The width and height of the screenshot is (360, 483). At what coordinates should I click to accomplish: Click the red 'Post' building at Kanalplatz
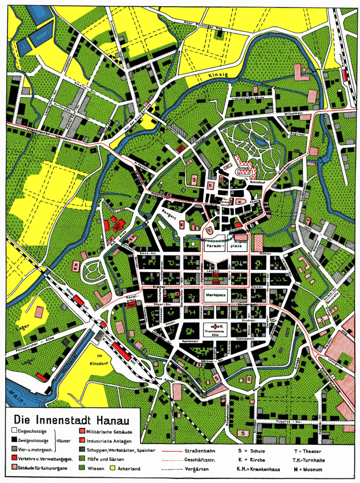point(131,303)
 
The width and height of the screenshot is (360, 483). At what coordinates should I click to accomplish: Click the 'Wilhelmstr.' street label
point(283,113)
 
